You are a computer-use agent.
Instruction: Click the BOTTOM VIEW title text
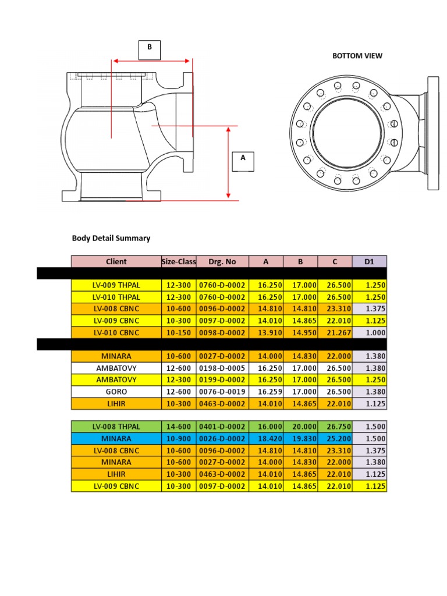pos(357,56)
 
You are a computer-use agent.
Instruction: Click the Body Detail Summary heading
pos(111,238)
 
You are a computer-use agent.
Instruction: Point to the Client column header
pos(116,261)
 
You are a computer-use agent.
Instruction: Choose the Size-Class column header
pos(179,261)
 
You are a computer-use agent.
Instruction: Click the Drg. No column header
pos(222,261)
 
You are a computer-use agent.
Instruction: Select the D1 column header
pos(369,261)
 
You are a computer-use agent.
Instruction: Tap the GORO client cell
pos(116,392)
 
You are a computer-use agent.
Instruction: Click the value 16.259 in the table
pos(265,392)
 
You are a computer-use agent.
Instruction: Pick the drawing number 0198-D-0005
pos(222,368)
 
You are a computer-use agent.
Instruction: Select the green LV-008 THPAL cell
pos(116,426)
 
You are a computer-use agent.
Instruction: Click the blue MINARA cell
pos(116,438)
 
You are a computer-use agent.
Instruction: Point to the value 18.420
pos(265,438)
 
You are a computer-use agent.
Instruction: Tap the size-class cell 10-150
pos(179,332)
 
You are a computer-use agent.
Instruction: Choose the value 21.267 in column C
pos(335,332)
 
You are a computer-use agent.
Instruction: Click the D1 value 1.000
pos(369,332)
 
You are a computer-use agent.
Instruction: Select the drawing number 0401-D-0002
pos(222,426)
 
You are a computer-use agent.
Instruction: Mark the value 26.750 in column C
pos(335,426)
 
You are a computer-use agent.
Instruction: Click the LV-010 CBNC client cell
pos(116,332)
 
